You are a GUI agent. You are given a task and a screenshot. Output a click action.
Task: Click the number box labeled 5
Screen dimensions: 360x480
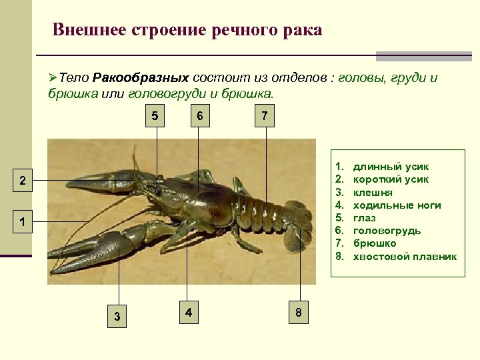tap(155, 116)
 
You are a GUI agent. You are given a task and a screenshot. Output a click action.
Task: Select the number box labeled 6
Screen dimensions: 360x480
tap(199, 116)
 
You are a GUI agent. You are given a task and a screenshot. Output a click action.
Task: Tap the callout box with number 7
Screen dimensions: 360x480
tap(265, 116)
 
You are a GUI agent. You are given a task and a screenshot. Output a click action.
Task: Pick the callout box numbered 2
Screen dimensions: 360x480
tap(22, 181)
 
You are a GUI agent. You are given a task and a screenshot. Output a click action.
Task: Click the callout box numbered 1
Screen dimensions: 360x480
tap(22, 222)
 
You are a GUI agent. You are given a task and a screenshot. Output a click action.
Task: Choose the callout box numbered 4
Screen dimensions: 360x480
tap(189, 312)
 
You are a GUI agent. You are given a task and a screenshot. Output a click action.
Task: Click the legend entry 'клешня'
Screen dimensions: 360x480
tap(373, 193)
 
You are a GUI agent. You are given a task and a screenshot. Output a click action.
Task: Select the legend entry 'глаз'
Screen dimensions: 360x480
tap(364, 218)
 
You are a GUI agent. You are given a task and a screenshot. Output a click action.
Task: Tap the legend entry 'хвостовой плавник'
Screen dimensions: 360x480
tap(405, 256)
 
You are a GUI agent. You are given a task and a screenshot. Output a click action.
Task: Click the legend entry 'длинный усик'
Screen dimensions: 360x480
tap(391, 167)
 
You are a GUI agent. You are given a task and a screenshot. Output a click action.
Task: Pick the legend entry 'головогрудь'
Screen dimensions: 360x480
tap(387, 231)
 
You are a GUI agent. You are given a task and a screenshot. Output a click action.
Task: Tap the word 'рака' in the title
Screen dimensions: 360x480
tap(303, 30)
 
